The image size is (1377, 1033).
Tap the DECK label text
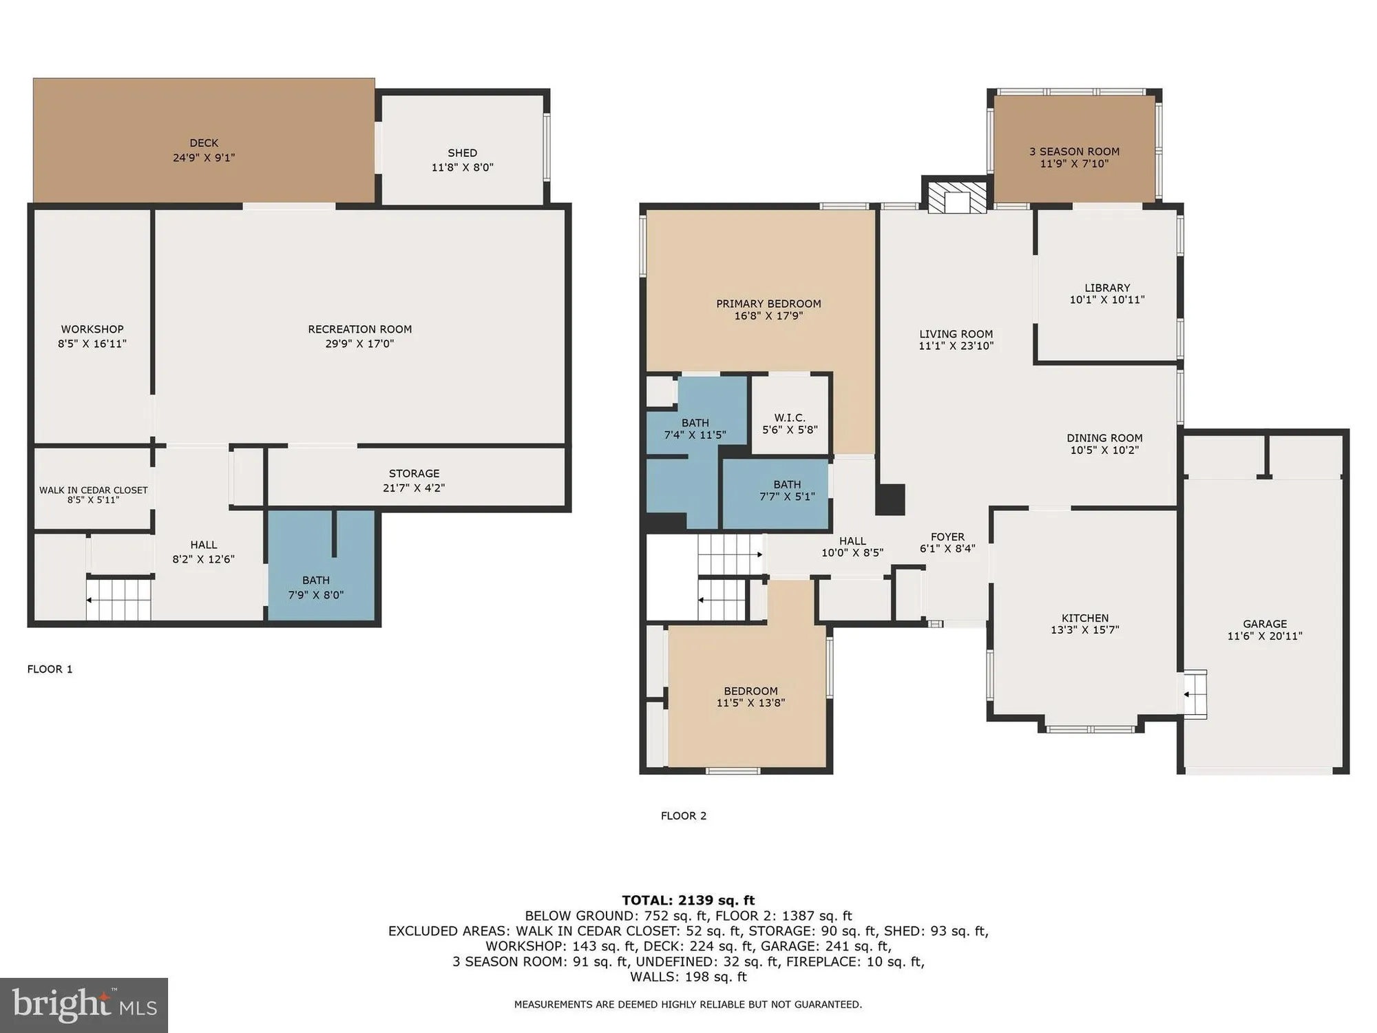pyautogui.click(x=204, y=143)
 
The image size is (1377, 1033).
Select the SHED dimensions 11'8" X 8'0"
pyautogui.click(x=462, y=167)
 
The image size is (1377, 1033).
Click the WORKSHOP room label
pyautogui.click(x=92, y=329)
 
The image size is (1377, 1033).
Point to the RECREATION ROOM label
pyautogui.click(x=359, y=329)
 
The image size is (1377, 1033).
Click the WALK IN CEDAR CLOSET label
pyautogui.click(x=93, y=490)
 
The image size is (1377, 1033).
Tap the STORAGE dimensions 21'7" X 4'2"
pyautogui.click(x=414, y=488)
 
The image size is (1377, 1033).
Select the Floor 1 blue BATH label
pyautogui.click(x=316, y=581)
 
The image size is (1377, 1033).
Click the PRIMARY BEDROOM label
pyautogui.click(x=768, y=304)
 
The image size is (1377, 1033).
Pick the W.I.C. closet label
pyautogui.click(x=789, y=418)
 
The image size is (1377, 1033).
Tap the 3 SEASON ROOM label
pyautogui.click(x=1074, y=152)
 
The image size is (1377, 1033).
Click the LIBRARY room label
pyautogui.click(x=1107, y=288)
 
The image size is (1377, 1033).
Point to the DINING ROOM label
pyautogui.click(x=1104, y=438)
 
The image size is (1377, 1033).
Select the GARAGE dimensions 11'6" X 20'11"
pyautogui.click(x=1265, y=636)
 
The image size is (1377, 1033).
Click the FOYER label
pyautogui.click(x=947, y=537)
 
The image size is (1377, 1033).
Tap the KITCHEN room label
pyautogui.click(x=1084, y=618)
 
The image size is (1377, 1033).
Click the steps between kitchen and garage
pyautogui.click(x=1195, y=694)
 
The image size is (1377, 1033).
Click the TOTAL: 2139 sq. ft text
pyautogui.click(x=688, y=900)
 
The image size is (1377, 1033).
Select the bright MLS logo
pyautogui.click(x=84, y=1005)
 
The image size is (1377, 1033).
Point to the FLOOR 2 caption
pyautogui.click(x=684, y=816)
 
